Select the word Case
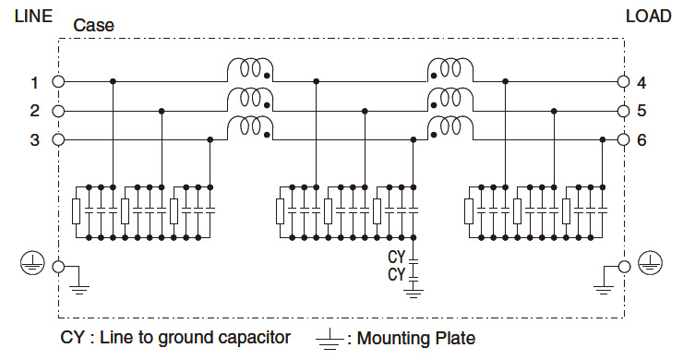[93, 26]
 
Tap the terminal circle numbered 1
[59, 81]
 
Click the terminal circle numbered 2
[59, 111]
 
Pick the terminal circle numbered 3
[59, 139]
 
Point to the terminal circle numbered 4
[623, 81]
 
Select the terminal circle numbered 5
[623, 111]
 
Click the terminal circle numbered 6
[623, 139]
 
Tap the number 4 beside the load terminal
[641, 83]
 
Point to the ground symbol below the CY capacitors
[413, 293]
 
